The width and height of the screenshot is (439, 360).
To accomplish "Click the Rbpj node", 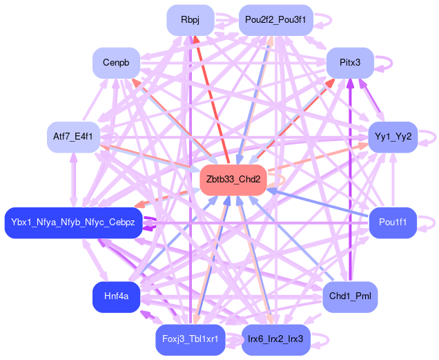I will tap(190, 20).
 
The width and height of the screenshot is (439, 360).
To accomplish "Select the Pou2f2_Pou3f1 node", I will tap(275, 20).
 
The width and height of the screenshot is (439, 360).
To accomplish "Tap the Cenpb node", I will tap(116, 63).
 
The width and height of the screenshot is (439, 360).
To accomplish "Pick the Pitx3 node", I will tap(350, 63).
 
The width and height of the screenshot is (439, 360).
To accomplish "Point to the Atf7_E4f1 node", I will tap(72, 136).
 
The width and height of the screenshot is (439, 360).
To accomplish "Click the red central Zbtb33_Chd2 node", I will tap(233, 179).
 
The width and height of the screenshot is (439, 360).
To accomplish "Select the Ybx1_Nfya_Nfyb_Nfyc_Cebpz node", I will tap(73, 222).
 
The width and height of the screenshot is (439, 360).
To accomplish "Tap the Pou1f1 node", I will tap(392, 222).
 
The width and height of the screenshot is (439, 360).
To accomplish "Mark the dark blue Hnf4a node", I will tap(116, 296).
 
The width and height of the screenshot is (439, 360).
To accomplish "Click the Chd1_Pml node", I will tap(350, 296).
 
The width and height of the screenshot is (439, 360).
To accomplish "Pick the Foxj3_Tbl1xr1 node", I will tap(190, 339).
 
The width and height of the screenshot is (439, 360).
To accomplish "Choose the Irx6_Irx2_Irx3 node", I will tap(275, 339).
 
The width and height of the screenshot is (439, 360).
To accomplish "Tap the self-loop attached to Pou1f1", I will tap(429, 222).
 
